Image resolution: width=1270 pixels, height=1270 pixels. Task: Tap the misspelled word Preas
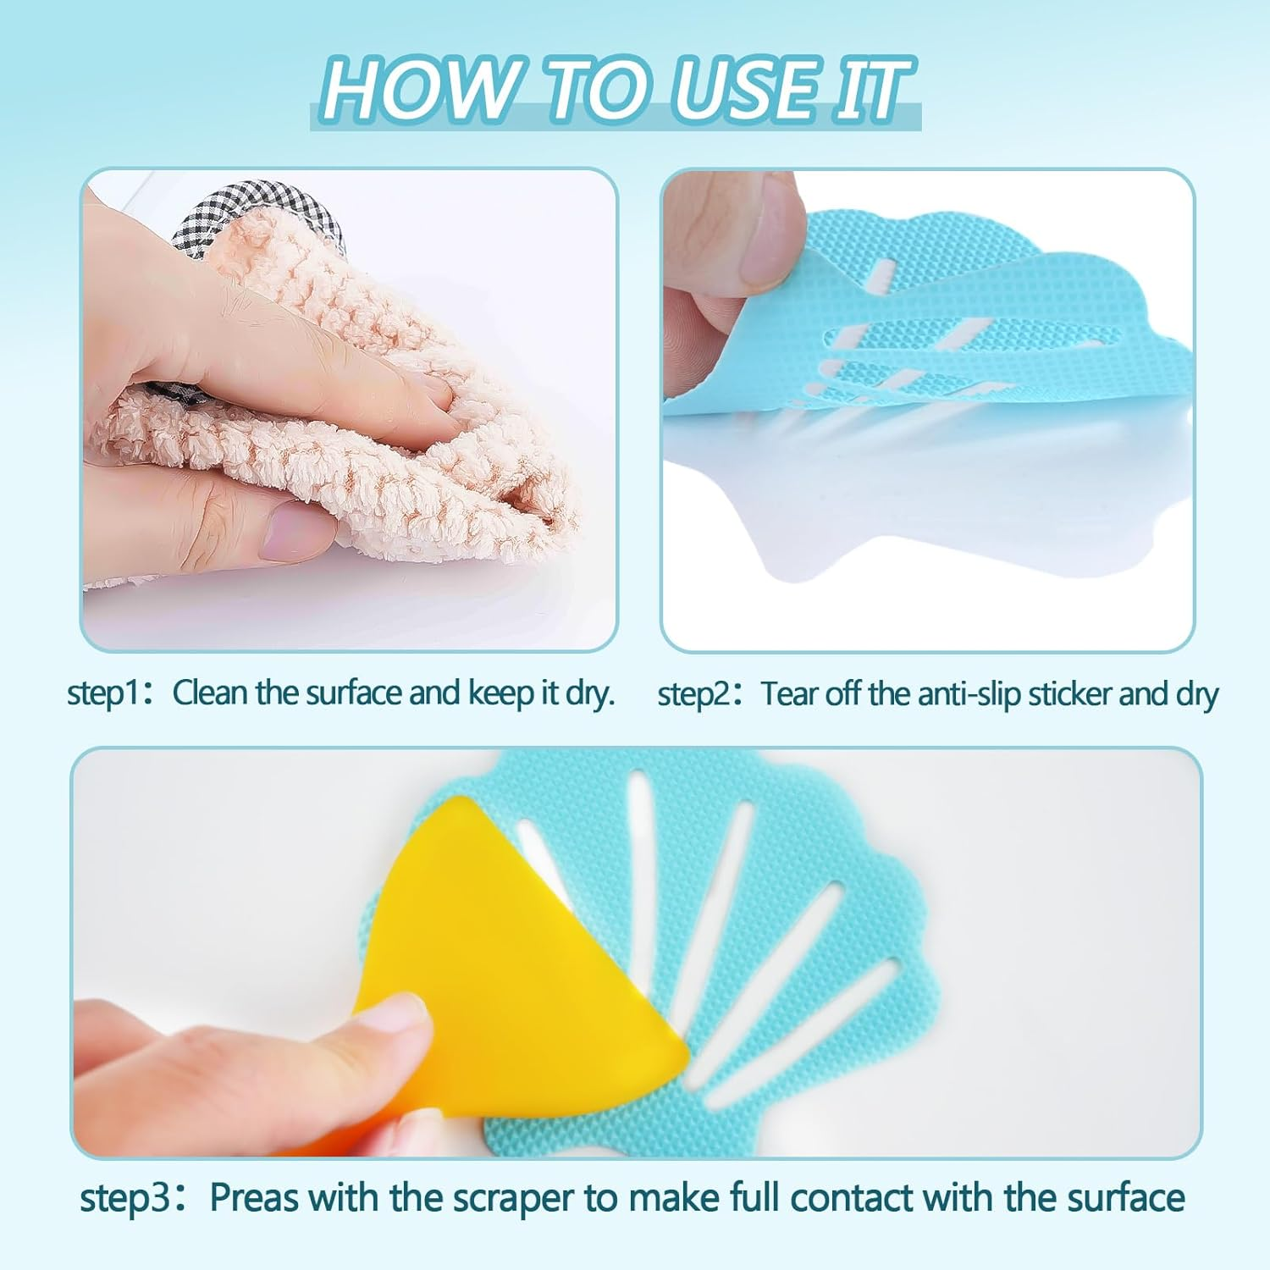(255, 1198)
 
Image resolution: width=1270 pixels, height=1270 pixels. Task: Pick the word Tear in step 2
(792, 693)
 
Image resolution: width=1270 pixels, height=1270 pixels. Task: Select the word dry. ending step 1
(589, 693)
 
